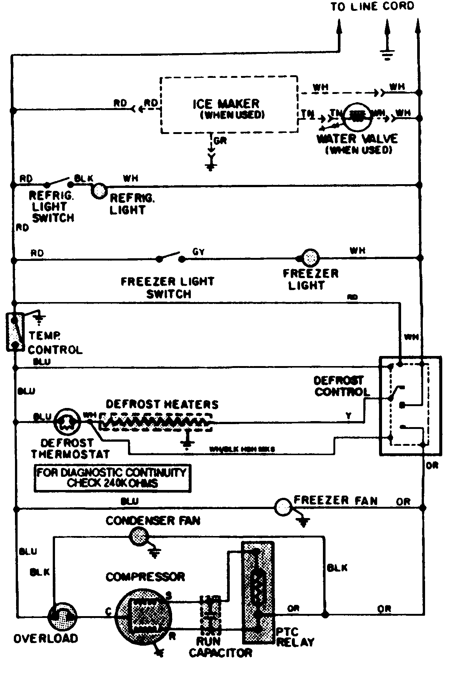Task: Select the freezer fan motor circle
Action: coord(283,508)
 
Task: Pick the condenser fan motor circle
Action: coord(138,537)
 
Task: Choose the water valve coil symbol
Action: coord(357,116)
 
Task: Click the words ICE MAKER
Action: coord(226,104)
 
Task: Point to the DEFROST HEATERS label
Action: coord(162,405)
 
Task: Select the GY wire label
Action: coord(198,252)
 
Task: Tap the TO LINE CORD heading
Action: coord(372,6)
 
